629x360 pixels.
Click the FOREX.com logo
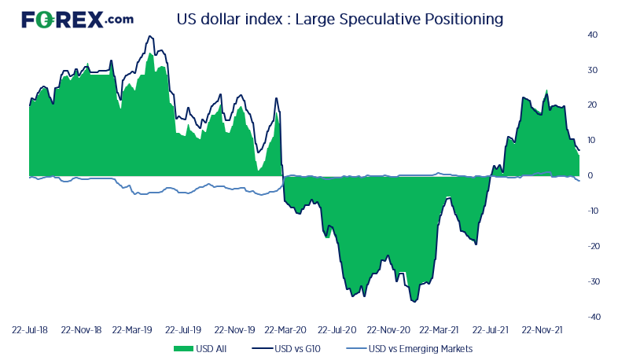tap(77, 20)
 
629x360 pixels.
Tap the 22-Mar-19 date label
tap(132, 331)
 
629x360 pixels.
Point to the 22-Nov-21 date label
tap(543, 331)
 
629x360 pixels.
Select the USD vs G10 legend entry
tap(288, 348)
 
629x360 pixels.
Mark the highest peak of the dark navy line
tap(150, 36)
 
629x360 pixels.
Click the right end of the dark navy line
tap(579, 150)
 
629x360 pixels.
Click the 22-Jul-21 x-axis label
tap(491, 331)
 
